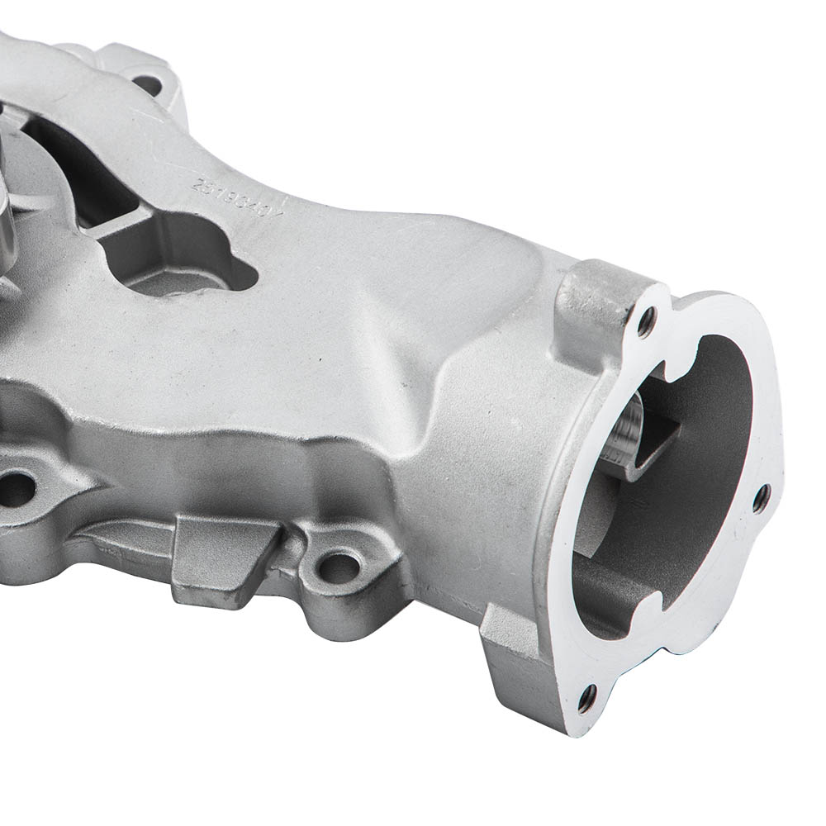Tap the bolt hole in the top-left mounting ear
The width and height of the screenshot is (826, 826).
pos(146,83)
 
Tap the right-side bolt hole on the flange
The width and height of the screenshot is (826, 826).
pos(761,496)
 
